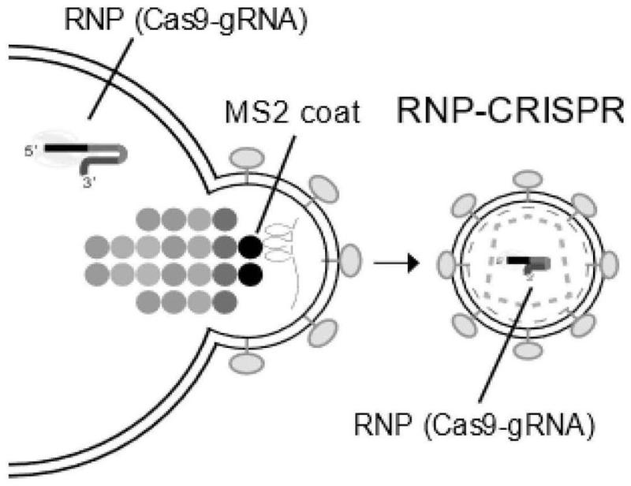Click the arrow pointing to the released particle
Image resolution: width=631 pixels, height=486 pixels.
click(x=394, y=261)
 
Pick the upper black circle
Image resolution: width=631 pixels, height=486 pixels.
click(x=251, y=245)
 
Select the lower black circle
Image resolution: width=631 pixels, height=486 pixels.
click(x=251, y=276)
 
